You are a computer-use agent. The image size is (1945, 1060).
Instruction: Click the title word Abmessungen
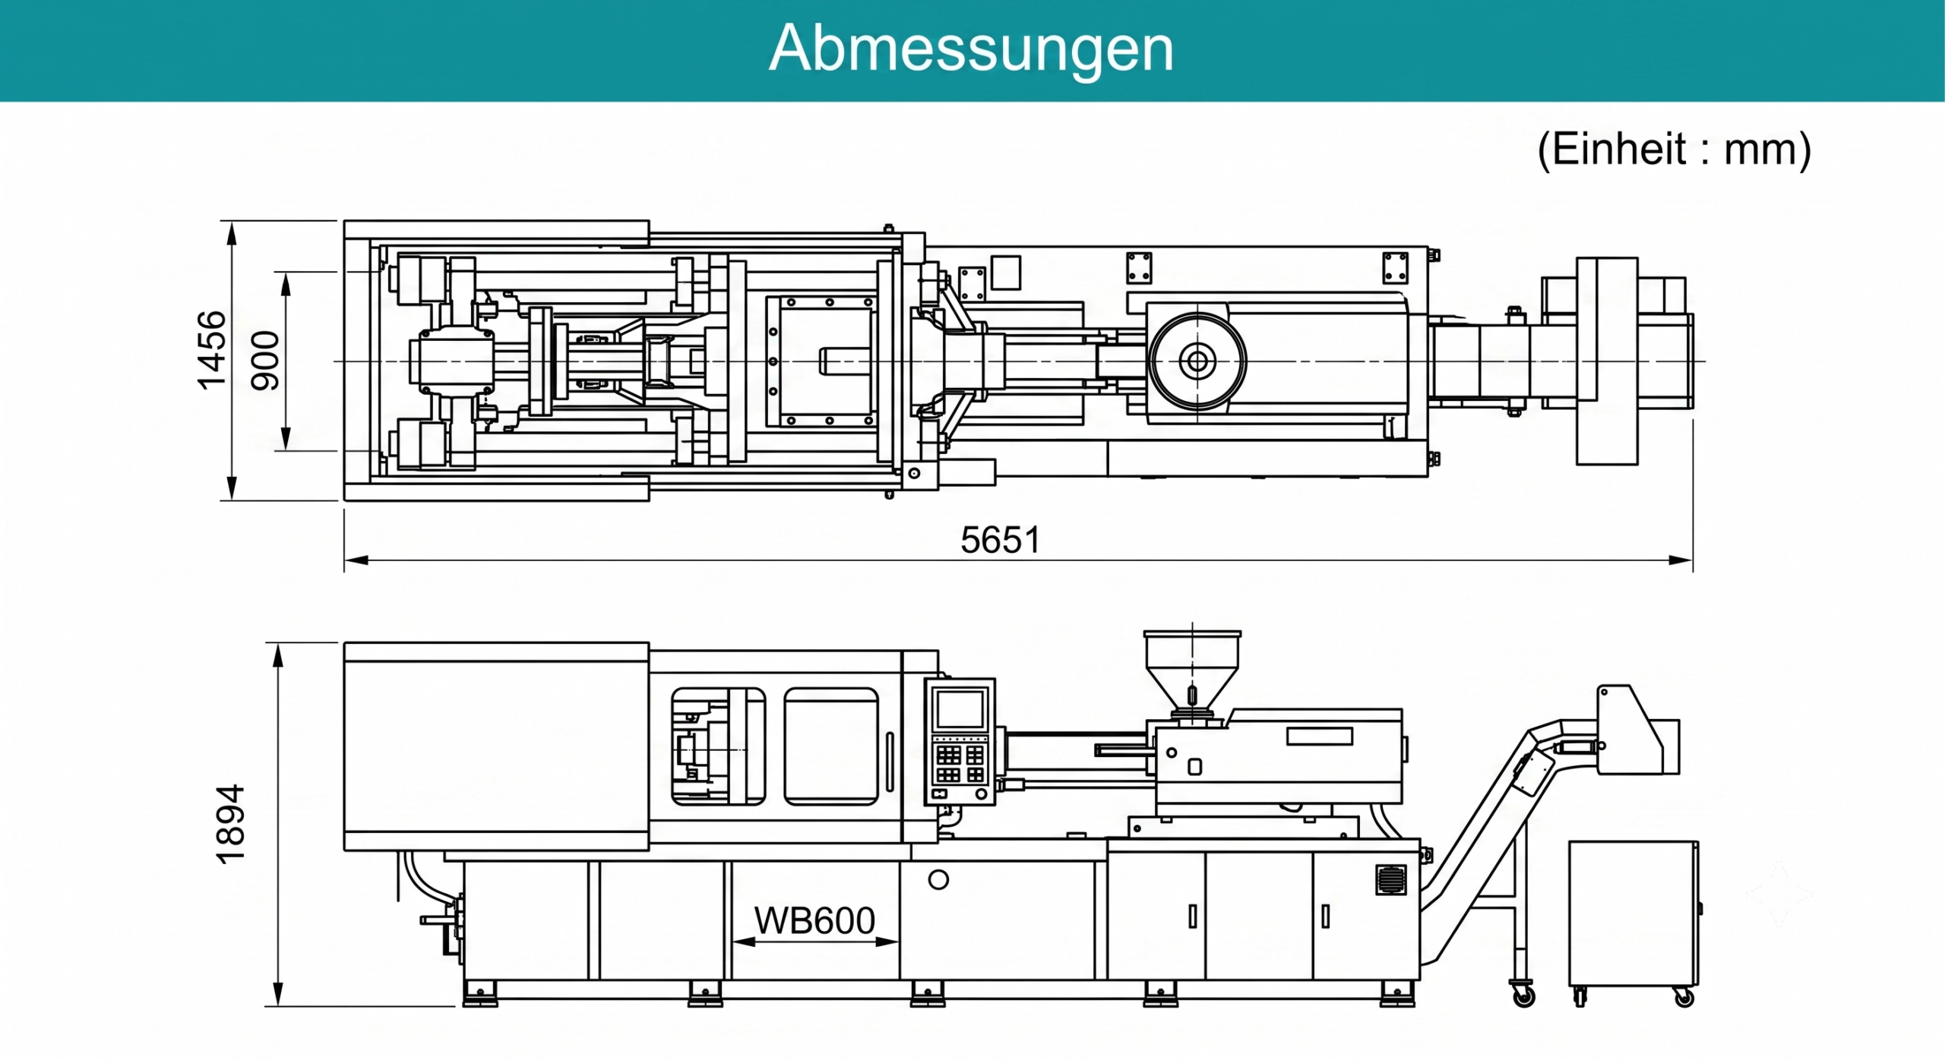pyautogui.click(x=971, y=49)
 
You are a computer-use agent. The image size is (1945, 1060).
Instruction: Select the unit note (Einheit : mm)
pyautogui.click(x=1674, y=150)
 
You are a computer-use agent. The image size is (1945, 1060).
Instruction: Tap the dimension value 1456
pyautogui.click(x=212, y=350)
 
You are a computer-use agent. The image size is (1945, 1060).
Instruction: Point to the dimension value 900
pyautogui.click(x=265, y=361)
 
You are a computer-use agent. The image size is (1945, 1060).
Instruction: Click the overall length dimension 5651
pyautogui.click(x=1000, y=541)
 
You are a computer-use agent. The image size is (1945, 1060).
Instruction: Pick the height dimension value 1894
pyautogui.click(x=231, y=825)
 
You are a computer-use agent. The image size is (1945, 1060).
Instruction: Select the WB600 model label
pyautogui.click(x=814, y=921)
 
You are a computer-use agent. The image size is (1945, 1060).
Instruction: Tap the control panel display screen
pyautogui.click(x=960, y=709)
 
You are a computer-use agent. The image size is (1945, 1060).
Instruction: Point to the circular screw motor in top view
pyautogui.click(x=1197, y=361)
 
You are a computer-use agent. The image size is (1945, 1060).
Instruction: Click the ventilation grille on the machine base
pyautogui.click(x=1391, y=879)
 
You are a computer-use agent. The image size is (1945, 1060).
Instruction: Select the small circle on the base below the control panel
pyautogui.click(x=938, y=879)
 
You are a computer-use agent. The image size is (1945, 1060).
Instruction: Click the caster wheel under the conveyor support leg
pyautogui.click(x=1523, y=995)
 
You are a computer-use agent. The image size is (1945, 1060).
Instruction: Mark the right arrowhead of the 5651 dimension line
pyautogui.click(x=1681, y=560)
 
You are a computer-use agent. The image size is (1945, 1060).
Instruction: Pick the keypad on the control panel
pyautogui.click(x=961, y=765)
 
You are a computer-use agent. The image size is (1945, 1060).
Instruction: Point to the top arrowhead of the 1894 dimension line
pyautogui.click(x=278, y=655)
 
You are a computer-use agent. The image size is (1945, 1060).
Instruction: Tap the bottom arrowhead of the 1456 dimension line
pyautogui.click(x=232, y=488)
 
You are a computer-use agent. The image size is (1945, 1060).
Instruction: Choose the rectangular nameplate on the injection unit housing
pyautogui.click(x=1320, y=736)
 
